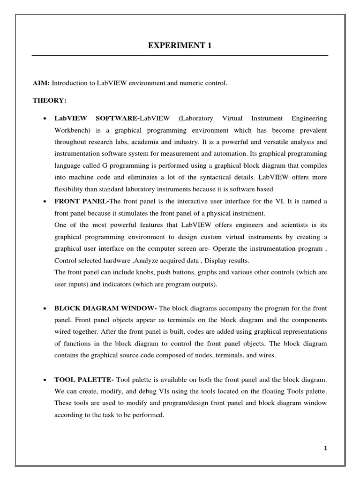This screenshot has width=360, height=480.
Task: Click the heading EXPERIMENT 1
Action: tap(180, 46)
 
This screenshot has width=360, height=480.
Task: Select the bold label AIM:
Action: tap(41, 83)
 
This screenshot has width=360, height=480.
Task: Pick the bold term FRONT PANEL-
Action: tap(82, 201)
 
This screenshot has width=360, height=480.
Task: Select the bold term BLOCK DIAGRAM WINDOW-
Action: tap(106, 308)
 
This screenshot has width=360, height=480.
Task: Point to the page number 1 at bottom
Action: tap(325, 448)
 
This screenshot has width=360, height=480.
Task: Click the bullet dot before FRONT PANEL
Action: tap(44, 202)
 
